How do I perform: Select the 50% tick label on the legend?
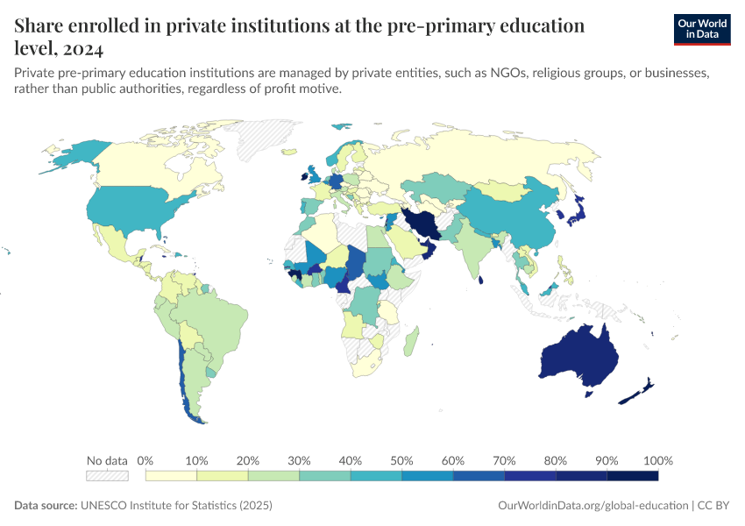pyautogui.click(x=401, y=460)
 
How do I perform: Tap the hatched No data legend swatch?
pyautogui.click(x=107, y=475)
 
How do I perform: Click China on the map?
pyautogui.click(x=508, y=219)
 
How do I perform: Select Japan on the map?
pyautogui.click(x=579, y=210)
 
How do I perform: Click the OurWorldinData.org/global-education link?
pyautogui.click(x=591, y=506)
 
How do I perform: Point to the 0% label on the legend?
pyautogui.click(x=145, y=460)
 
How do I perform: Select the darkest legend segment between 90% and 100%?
pyautogui.click(x=632, y=475)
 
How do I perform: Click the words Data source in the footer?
pyautogui.click(x=45, y=506)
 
